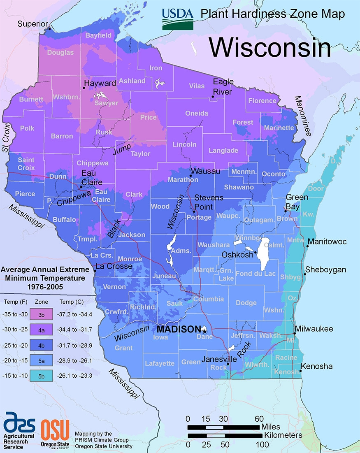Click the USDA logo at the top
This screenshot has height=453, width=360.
[x=177, y=18]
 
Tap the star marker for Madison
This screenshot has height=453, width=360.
[x=204, y=330]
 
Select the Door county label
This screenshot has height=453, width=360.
[x=316, y=188]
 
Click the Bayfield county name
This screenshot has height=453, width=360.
[x=98, y=36]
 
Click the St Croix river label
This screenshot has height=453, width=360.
[x=6, y=137]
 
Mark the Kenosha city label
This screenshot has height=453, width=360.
[x=317, y=366]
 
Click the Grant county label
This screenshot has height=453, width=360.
[x=123, y=348]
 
